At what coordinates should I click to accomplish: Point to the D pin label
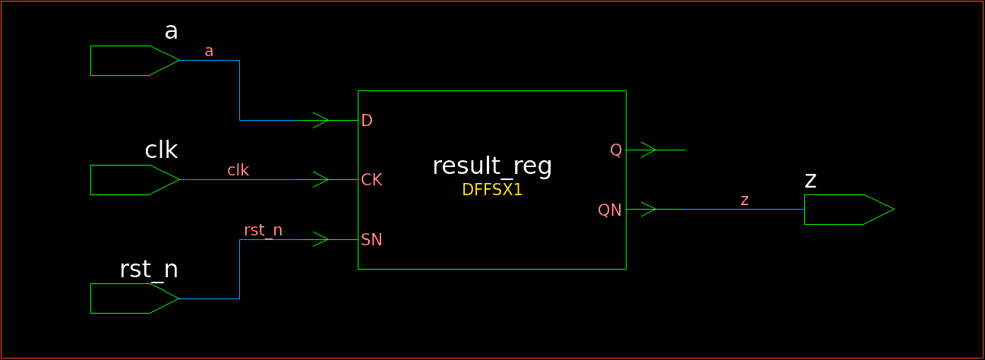tap(367, 121)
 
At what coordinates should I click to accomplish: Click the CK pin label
tap(371, 180)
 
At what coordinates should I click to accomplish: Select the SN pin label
tap(371, 240)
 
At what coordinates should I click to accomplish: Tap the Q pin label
tap(616, 150)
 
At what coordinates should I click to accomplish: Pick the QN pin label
tap(610, 210)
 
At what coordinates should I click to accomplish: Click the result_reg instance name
tap(491, 166)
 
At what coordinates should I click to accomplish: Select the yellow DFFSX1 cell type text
tap(491, 190)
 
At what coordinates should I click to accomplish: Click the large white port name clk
tap(161, 150)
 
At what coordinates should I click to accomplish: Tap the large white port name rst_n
tap(149, 270)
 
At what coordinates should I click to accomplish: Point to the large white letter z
tap(810, 181)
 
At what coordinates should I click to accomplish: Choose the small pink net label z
tap(744, 200)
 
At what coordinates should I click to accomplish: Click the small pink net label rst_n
tap(263, 230)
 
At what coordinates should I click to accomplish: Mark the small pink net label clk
tap(238, 170)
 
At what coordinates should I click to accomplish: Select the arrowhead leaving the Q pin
tap(648, 150)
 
